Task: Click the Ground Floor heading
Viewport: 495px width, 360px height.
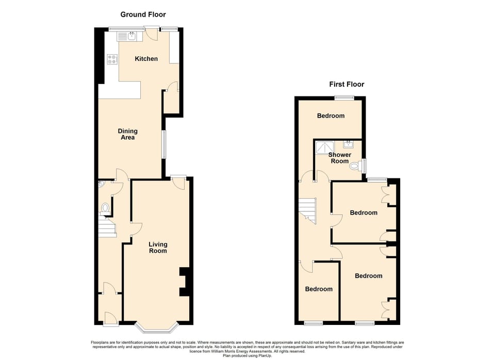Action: (143, 14)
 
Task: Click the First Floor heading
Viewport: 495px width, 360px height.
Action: (346, 84)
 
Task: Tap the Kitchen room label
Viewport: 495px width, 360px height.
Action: (146, 59)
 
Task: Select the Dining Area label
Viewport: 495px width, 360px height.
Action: (127, 134)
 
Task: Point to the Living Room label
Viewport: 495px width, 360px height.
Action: (158, 248)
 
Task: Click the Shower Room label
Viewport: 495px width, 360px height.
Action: (340, 158)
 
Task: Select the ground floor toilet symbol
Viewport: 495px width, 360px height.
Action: (105, 208)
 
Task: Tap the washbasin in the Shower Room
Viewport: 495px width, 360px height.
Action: (349, 144)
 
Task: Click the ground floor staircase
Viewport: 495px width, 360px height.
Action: (107, 227)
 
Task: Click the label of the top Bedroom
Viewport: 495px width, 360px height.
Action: (331, 116)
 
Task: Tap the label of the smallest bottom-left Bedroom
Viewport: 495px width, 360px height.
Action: (319, 289)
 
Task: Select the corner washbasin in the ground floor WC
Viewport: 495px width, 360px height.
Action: (102, 183)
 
